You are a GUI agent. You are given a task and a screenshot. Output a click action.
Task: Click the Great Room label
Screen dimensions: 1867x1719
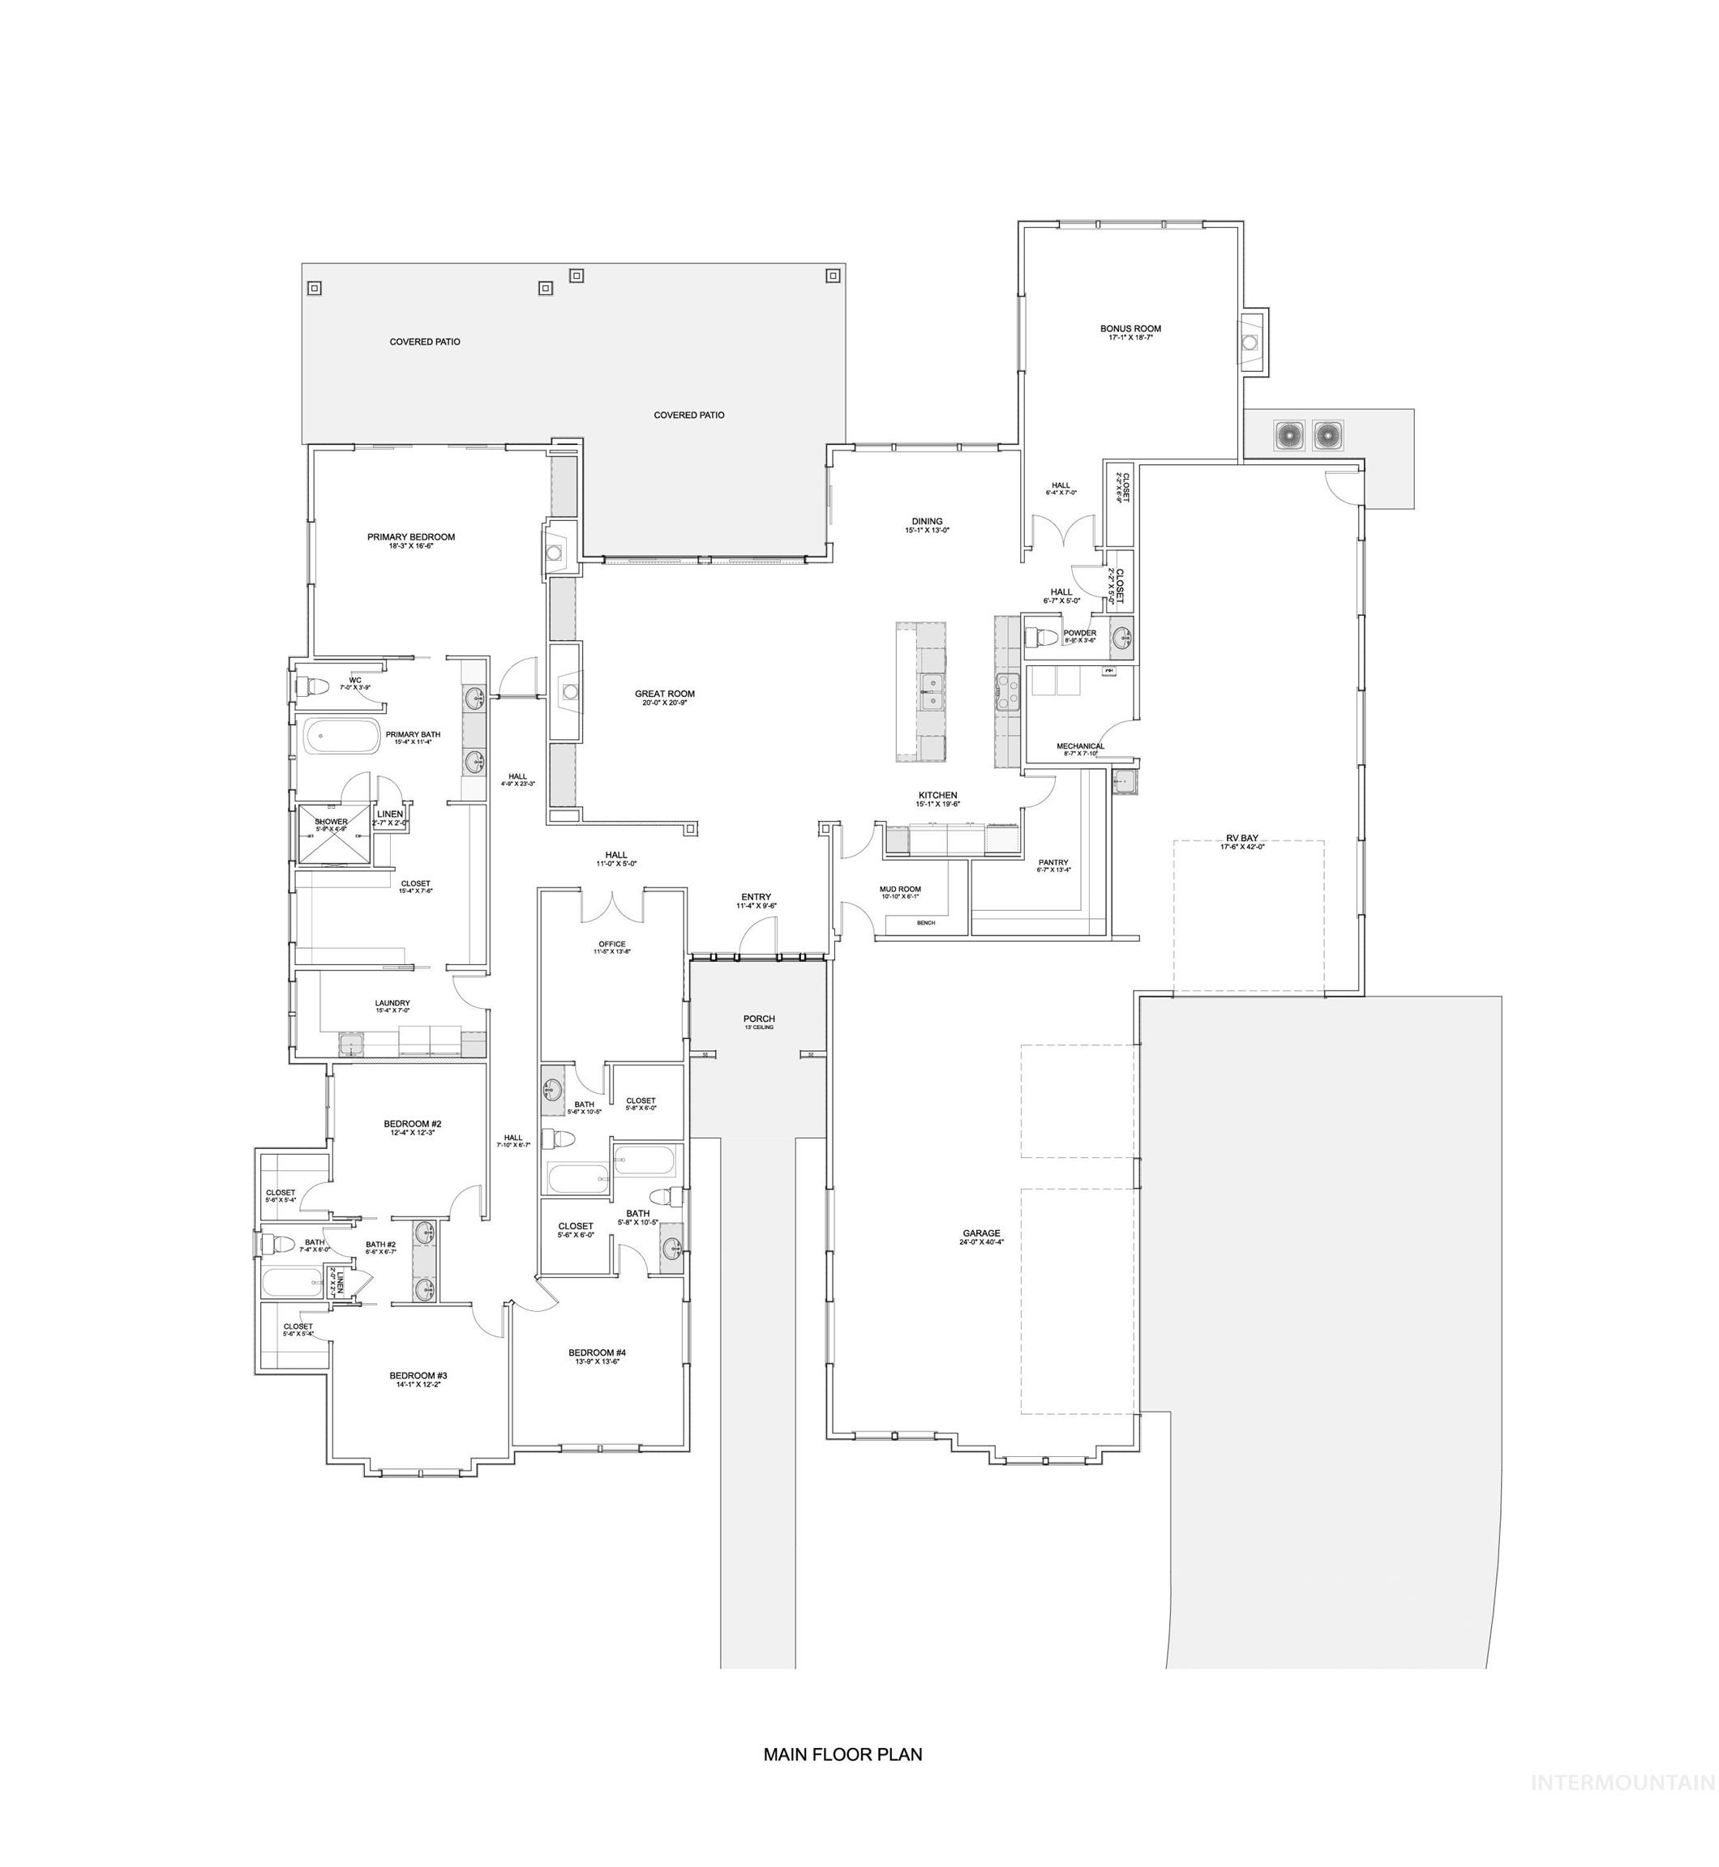coord(664,694)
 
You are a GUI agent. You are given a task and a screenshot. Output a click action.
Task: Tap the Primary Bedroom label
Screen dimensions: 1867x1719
coord(410,537)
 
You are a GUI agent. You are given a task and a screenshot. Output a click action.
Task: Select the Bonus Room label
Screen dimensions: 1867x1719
coord(1130,328)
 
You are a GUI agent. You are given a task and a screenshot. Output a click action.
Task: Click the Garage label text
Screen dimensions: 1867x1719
coord(981,1233)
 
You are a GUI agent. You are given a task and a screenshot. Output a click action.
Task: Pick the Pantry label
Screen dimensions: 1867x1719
coord(1054,862)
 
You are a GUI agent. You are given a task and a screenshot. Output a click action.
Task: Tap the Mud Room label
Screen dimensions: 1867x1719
coord(899,889)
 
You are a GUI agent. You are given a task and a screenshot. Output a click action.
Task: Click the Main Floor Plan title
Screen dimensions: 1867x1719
coord(842,1754)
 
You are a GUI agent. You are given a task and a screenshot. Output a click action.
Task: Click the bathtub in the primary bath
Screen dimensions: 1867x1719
coord(341,737)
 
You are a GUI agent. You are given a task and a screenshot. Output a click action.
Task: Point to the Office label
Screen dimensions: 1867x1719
coord(612,944)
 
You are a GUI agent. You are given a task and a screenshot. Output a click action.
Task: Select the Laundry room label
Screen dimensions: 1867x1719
coord(392,1003)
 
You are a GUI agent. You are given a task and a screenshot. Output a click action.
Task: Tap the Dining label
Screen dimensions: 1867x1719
coord(927,522)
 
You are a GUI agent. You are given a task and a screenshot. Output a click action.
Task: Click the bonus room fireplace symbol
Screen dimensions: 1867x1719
coord(1251,341)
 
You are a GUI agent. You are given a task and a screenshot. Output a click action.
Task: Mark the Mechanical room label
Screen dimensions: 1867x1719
coord(1080,746)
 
